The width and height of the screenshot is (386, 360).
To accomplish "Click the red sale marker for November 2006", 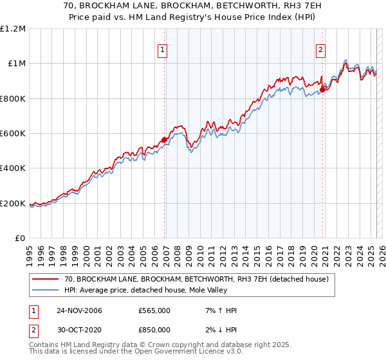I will pos(165,139).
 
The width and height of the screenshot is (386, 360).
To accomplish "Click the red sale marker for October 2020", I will pos(323,89).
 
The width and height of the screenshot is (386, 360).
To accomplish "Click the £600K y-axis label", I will pos(14,134).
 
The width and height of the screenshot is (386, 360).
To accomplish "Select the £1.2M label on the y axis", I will pos(14,29).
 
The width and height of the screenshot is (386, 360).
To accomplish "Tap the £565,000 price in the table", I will pos(154,311).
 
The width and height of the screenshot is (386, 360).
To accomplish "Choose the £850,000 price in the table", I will pos(154,329).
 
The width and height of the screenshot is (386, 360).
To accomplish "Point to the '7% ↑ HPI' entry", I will pos(217,311).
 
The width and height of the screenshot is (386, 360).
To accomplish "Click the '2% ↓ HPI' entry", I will pos(217,329).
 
